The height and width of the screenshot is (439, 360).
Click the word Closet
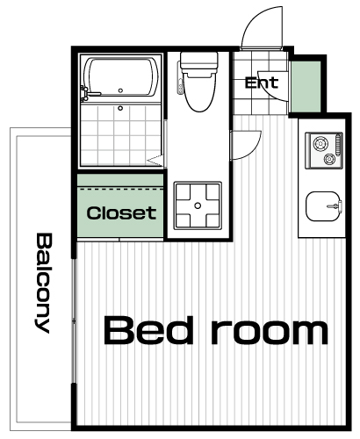[x=121, y=213]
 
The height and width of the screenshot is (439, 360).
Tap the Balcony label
[x=44, y=283]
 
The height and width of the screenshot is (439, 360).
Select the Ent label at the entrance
[x=262, y=83]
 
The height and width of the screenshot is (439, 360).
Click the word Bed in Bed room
[x=149, y=330]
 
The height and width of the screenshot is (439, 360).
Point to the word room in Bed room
[x=270, y=333]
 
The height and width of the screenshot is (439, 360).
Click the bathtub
[x=121, y=77]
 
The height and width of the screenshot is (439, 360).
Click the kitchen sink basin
[x=322, y=206]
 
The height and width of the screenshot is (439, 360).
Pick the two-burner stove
[x=324, y=151]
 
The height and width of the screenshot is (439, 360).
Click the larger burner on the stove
[x=320, y=144]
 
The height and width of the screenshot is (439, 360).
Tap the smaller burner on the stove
[x=329, y=159]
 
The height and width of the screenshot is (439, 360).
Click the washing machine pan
[x=198, y=205]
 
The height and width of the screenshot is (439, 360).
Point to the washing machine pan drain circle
[x=198, y=205]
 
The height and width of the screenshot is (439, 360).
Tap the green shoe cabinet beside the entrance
[x=306, y=87]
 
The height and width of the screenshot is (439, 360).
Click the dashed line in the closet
[x=120, y=190]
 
